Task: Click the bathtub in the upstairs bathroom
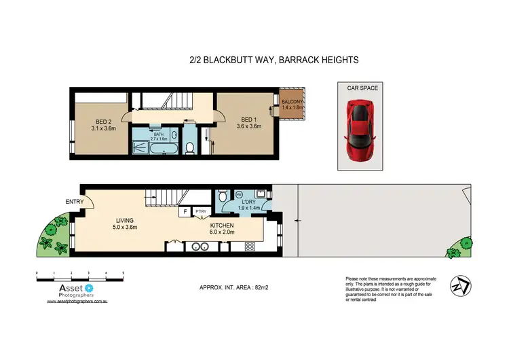point(165,147)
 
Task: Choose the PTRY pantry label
point(201,212)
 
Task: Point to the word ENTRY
point(75,201)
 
